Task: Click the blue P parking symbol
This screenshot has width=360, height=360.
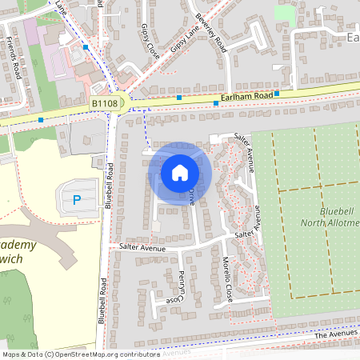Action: [77, 198]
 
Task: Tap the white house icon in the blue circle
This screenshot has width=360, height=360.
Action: [180, 172]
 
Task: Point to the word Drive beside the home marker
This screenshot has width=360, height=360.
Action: [193, 196]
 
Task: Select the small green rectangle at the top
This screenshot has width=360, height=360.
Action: [284, 13]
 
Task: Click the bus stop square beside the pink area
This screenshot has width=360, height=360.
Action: [86, 47]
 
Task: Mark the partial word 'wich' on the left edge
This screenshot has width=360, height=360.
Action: [12, 260]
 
